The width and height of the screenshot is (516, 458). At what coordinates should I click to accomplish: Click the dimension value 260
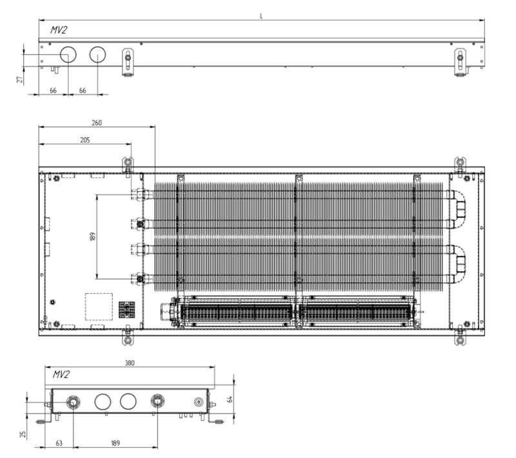[x=97, y=122]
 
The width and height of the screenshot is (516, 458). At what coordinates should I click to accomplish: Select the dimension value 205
[x=85, y=140]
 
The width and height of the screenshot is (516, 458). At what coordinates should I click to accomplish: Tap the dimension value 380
[x=130, y=363]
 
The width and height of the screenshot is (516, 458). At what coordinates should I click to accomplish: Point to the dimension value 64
[x=230, y=399]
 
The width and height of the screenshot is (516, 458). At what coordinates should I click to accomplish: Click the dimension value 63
[x=59, y=443]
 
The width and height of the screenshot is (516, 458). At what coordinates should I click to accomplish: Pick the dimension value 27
[x=21, y=79]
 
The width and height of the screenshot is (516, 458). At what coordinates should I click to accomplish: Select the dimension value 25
[x=23, y=434]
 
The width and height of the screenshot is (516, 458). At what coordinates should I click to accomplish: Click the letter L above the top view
[x=261, y=16]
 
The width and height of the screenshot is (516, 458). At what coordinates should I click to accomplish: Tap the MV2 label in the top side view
[x=59, y=30]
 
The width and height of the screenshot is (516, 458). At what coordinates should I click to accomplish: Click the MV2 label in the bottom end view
[x=61, y=374]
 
